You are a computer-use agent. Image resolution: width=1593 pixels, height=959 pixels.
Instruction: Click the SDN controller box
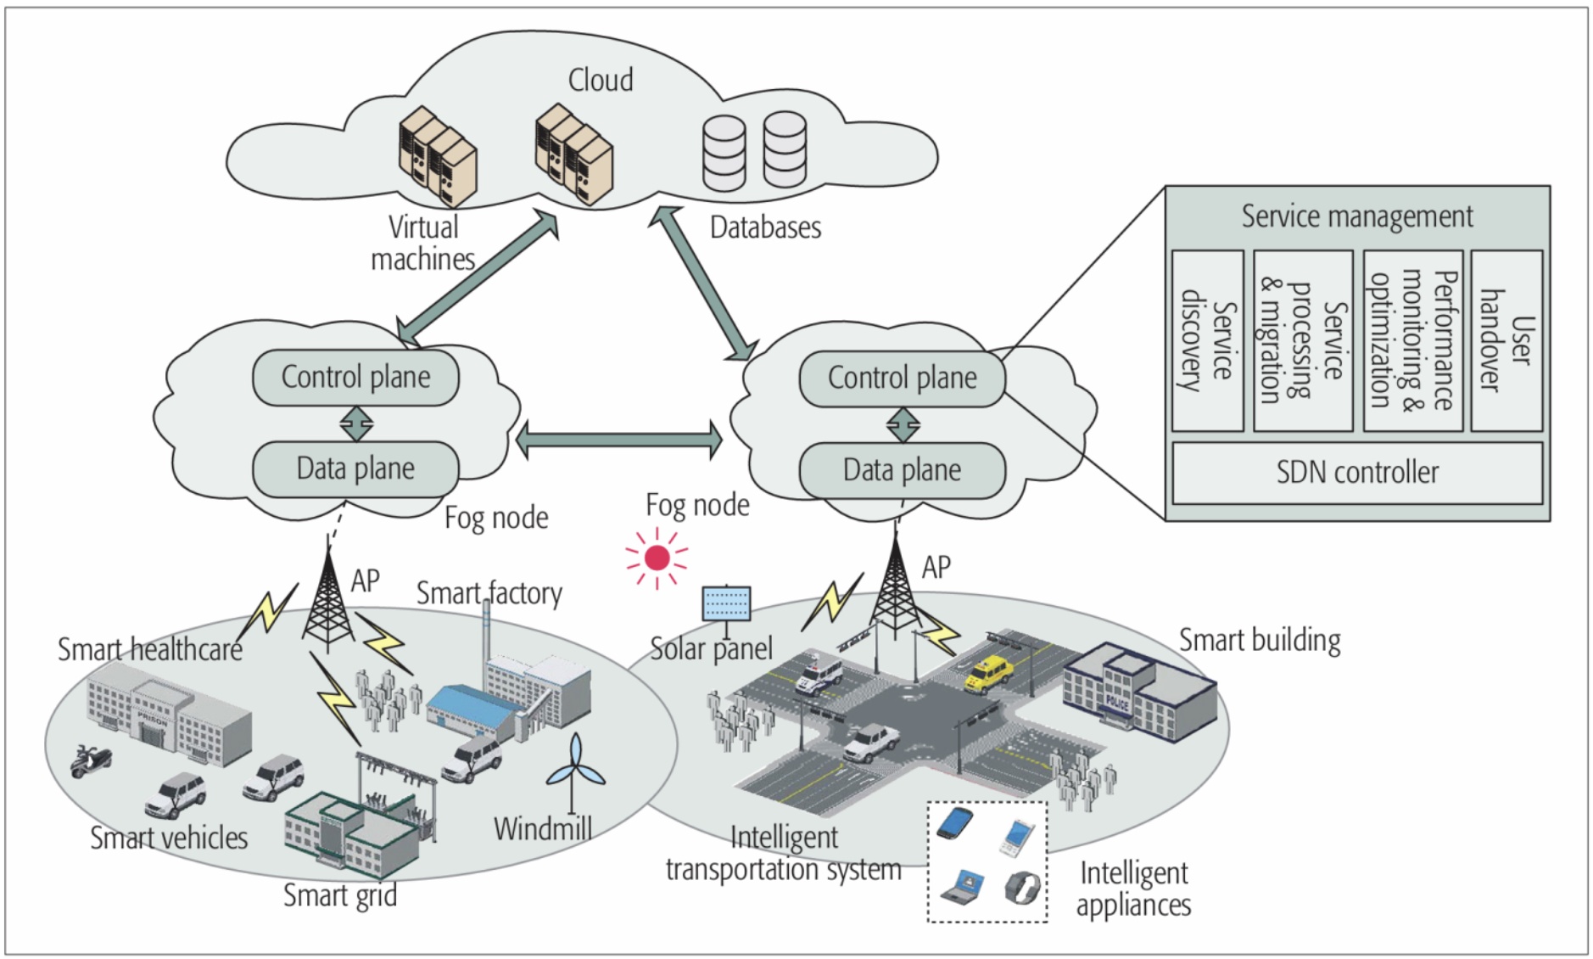[x=1356, y=473]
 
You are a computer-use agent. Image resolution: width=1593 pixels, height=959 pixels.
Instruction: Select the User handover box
[x=1506, y=340]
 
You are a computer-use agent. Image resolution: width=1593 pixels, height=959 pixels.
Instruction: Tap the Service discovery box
[x=1207, y=340]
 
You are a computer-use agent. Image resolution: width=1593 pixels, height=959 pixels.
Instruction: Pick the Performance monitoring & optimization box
[x=1412, y=340]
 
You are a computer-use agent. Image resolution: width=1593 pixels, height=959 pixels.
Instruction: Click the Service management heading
[x=1356, y=216]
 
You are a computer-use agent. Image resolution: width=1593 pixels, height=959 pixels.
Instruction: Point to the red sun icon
[x=657, y=558]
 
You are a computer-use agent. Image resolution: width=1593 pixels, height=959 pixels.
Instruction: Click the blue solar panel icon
[x=726, y=603]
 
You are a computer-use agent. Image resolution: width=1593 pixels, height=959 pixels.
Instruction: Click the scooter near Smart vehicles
[x=89, y=760]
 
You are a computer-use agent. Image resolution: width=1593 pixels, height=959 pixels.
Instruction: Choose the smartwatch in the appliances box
[x=1021, y=888]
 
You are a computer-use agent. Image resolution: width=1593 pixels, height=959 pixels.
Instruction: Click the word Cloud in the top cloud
[x=600, y=81]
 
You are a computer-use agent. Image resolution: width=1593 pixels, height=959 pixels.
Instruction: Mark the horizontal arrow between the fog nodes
[x=618, y=440]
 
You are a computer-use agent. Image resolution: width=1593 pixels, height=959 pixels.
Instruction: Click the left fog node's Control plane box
[x=355, y=378]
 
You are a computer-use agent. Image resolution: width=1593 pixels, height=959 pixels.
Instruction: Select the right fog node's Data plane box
[x=902, y=470]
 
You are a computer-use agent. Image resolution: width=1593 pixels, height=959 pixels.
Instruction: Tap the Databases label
[x=765, y=227]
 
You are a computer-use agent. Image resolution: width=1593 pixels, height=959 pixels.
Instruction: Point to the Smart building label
[x=1260, y=641]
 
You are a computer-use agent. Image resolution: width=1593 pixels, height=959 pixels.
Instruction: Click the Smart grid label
[x=339, y=895]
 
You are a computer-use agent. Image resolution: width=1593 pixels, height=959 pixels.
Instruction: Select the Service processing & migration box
[x=1303, y=340]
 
